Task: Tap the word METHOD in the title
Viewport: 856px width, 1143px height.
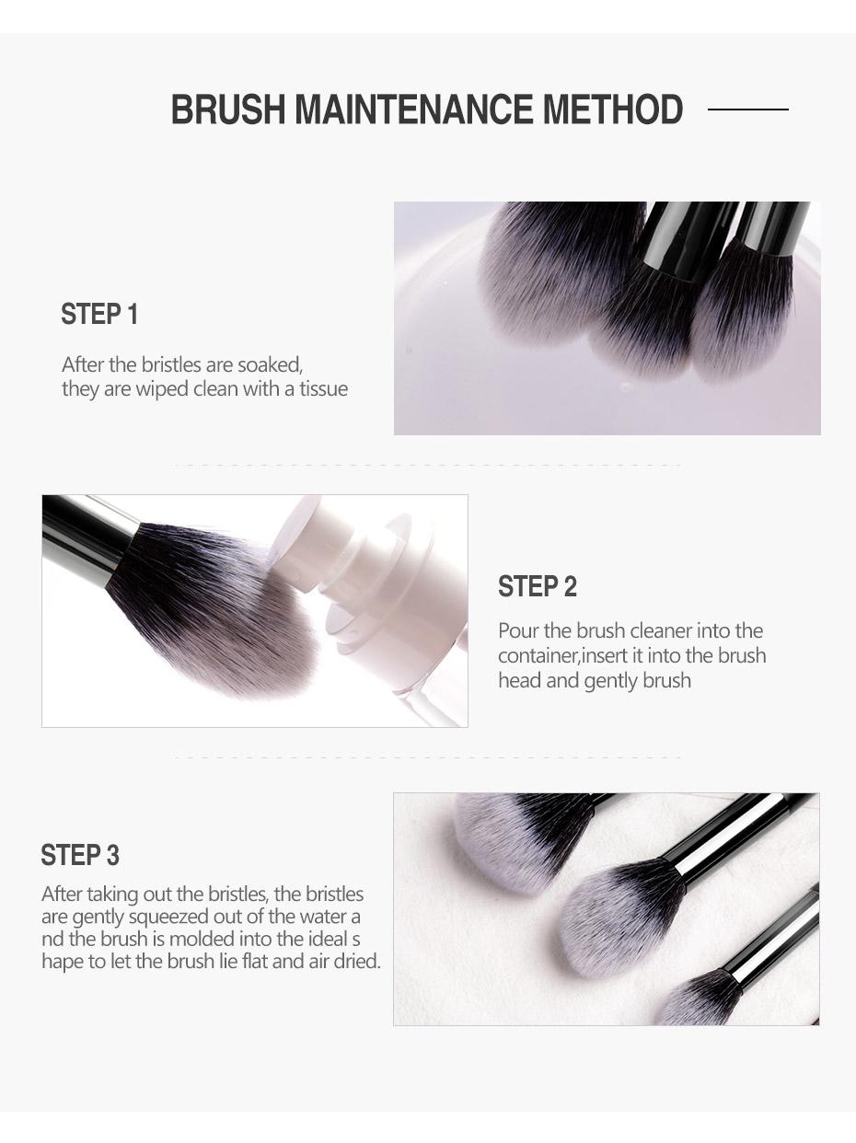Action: click(612, 110)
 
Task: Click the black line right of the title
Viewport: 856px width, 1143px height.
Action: click(747, 110)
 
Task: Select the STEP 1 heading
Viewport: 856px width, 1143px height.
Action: click(99, 315)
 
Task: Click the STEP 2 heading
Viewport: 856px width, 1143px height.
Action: click(538, 587)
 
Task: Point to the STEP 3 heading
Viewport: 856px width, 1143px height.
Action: click(80, 856)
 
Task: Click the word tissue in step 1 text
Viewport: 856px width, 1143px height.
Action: click(323, 389)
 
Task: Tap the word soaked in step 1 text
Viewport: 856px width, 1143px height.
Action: click(269, 365)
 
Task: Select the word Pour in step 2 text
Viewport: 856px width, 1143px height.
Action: click(516, 631)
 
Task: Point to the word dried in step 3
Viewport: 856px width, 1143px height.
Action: click(357, 963)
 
